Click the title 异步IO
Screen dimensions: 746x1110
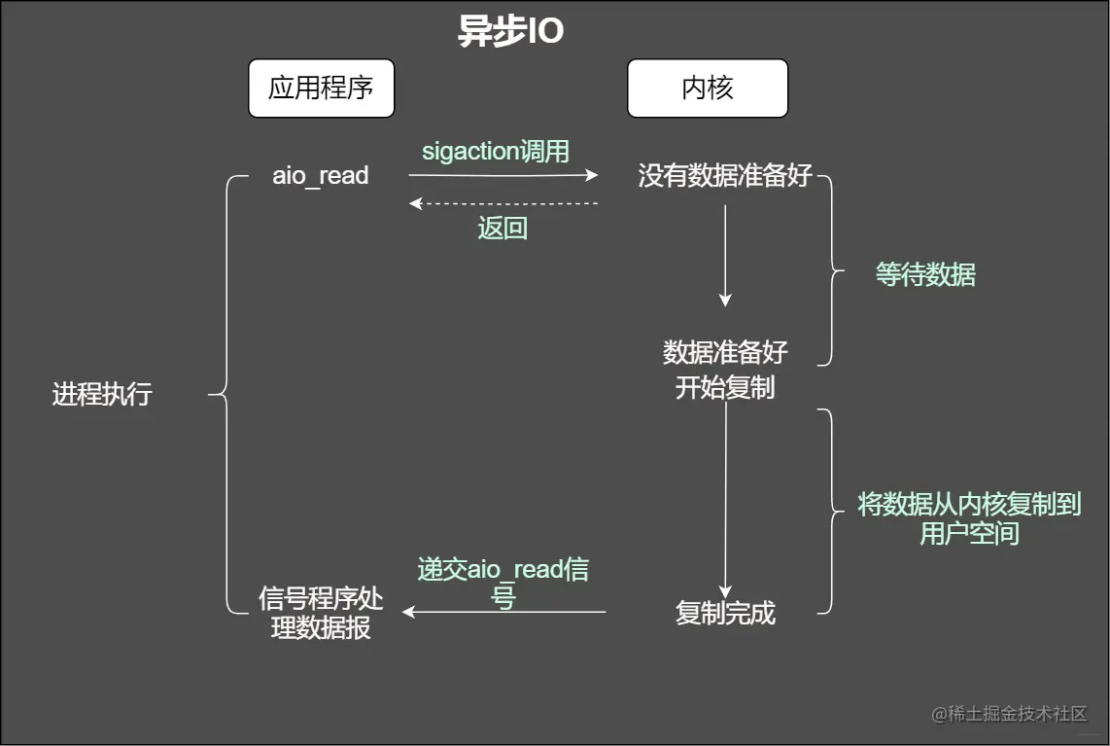(510, 32)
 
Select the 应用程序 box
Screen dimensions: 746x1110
(321, 89)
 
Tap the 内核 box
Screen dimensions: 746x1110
(707, 89)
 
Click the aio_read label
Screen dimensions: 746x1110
(320, 176)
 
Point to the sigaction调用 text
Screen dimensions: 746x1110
(496, 152)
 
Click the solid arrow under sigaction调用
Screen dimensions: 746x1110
(503, 176)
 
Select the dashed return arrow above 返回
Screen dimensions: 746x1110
(503, 203)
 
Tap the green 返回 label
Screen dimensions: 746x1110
(503, 229)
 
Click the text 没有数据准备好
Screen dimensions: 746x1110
(725, 176)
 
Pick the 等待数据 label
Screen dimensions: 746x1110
(924, 275)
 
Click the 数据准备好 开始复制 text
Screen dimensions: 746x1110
(725, 370)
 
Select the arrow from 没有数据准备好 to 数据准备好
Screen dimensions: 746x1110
(725, 255)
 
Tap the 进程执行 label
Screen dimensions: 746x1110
(102, 395)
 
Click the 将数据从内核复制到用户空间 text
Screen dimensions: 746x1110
(968, 517)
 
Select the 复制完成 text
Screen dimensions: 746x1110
(725, 614)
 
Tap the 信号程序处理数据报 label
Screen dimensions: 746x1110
(321, 613)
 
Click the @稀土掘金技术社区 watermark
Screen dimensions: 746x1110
(1009, 714)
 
